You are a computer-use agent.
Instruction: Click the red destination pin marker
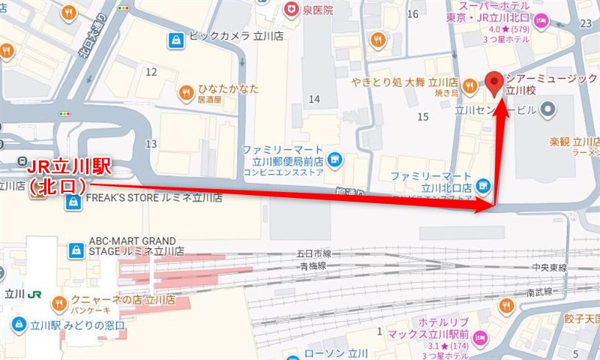[494, 82]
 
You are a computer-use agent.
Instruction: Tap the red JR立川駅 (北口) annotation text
[68, 175]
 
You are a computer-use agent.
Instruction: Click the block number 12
[151, 72]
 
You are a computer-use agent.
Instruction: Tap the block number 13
[151, 143]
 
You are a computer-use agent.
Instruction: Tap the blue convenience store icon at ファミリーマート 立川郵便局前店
[334, 157]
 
